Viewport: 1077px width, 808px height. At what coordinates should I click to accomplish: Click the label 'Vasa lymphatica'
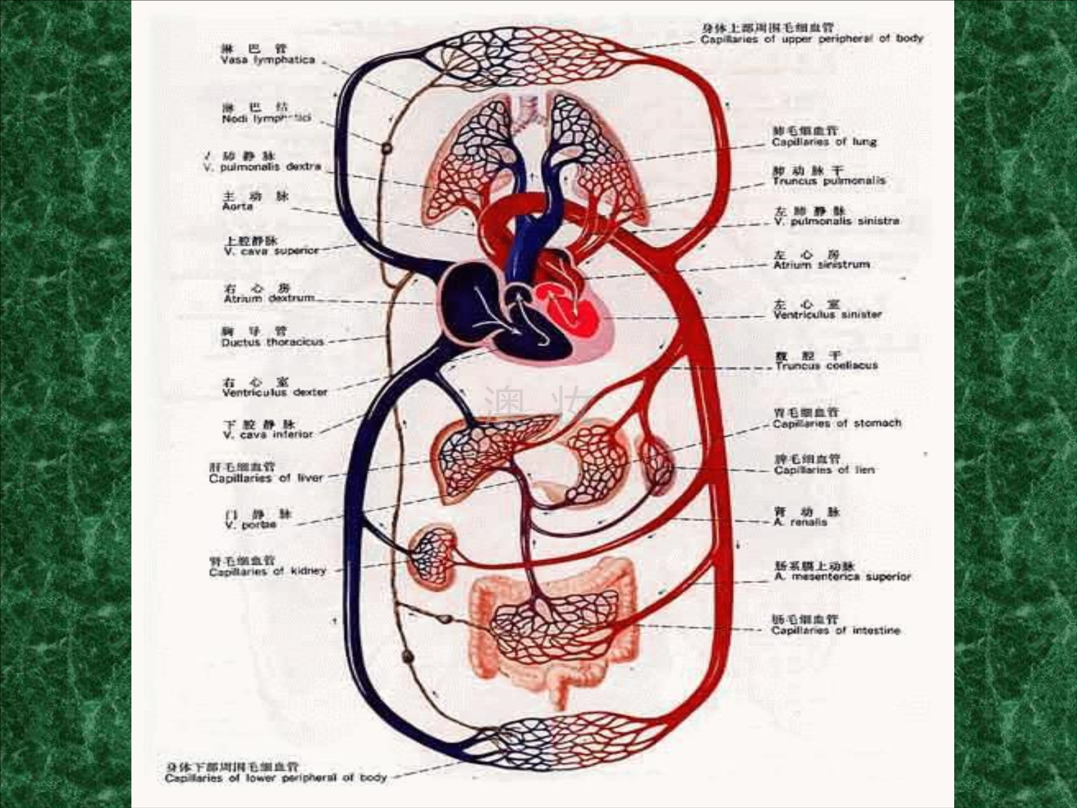pos(268,60)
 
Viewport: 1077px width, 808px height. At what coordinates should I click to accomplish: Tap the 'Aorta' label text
pos(238,206)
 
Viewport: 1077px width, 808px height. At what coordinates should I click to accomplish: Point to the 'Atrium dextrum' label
pos(269,298)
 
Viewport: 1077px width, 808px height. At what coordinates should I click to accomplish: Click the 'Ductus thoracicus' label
pos(272,342)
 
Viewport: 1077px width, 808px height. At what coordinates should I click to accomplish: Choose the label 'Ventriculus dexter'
pos(275,392)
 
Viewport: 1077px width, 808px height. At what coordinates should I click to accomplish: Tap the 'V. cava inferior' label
pos(268,435)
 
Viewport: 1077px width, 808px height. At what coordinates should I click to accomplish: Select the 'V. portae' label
pos(250,525)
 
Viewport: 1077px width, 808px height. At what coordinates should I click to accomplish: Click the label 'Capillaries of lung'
pos(824,142)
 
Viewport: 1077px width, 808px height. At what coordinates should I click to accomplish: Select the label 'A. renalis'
pos(800,522)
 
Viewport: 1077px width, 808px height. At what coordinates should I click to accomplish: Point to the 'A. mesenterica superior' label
pos(842,577)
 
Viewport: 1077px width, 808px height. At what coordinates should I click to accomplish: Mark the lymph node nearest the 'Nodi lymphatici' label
pos(387,147)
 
